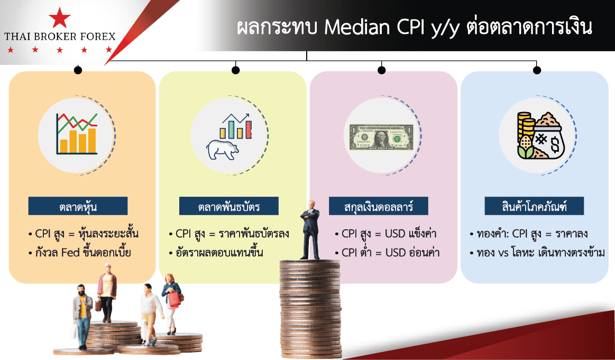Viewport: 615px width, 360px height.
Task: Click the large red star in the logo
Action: tap(60, 17)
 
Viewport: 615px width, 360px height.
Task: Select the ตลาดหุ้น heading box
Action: tap(78, 206)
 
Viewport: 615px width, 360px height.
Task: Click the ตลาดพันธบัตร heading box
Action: tap(228, 206)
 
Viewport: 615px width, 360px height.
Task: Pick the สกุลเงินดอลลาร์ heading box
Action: tap(379, 206)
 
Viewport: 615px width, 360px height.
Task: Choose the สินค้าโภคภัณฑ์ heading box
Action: tap(534, 206)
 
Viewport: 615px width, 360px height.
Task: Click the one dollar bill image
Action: tap(381, 137)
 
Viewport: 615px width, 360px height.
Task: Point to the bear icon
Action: tap(223, 150)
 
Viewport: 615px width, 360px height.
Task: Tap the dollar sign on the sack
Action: tap(555, 144)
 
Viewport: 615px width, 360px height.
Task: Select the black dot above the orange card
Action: tap(78, 70)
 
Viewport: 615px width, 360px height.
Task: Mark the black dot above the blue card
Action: tap(537, 70)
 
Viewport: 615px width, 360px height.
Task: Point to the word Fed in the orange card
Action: tap(71, 252)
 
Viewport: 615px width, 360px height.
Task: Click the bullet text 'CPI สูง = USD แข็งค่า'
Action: tap(386, 234)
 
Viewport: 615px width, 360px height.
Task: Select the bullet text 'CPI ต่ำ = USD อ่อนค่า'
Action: tap(387, 252)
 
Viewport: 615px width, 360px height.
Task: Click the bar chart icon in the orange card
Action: tap(77, 133)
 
